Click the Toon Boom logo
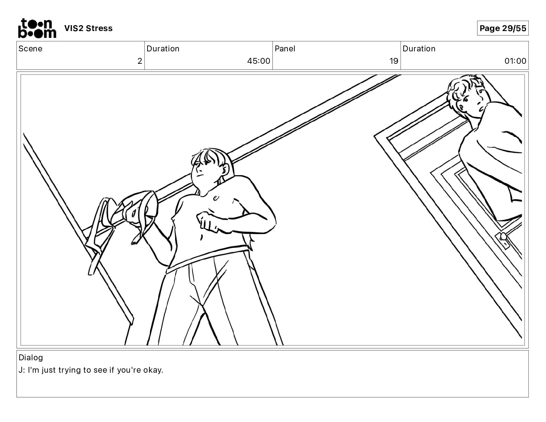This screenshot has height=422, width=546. [37, 28]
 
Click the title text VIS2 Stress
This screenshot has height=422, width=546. [88, 28]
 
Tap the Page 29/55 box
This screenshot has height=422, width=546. [503, 28]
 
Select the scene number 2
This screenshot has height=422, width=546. [140, 61]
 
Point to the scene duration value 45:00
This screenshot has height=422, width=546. [259, 61]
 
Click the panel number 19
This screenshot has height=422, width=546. [394, 61]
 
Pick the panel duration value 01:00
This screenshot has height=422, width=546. [515, 61]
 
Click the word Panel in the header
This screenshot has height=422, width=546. [285, 49]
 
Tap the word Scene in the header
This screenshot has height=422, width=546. [30, 49]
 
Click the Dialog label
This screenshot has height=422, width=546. [31, 358]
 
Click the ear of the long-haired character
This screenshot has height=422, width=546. [225, 169]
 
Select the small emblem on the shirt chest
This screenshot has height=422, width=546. [216, 198]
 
